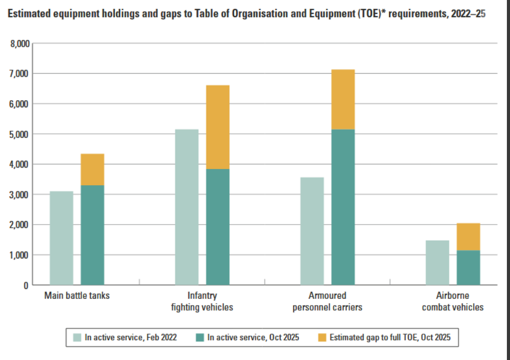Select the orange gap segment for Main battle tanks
tap(92, 169)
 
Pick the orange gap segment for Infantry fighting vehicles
tap(218, 127)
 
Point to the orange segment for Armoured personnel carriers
tap(343, 99)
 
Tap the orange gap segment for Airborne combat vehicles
tap(468, 237)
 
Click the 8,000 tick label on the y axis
tap(20, 44)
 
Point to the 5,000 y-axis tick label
tap(20, 134)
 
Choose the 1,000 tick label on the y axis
tap(20, 255)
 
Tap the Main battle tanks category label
tap(77, 296)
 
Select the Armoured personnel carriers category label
tap(327, 301)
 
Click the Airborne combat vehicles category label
tap(452, 301)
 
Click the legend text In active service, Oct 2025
tap(253, 337)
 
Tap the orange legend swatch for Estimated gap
tap(321, 337)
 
